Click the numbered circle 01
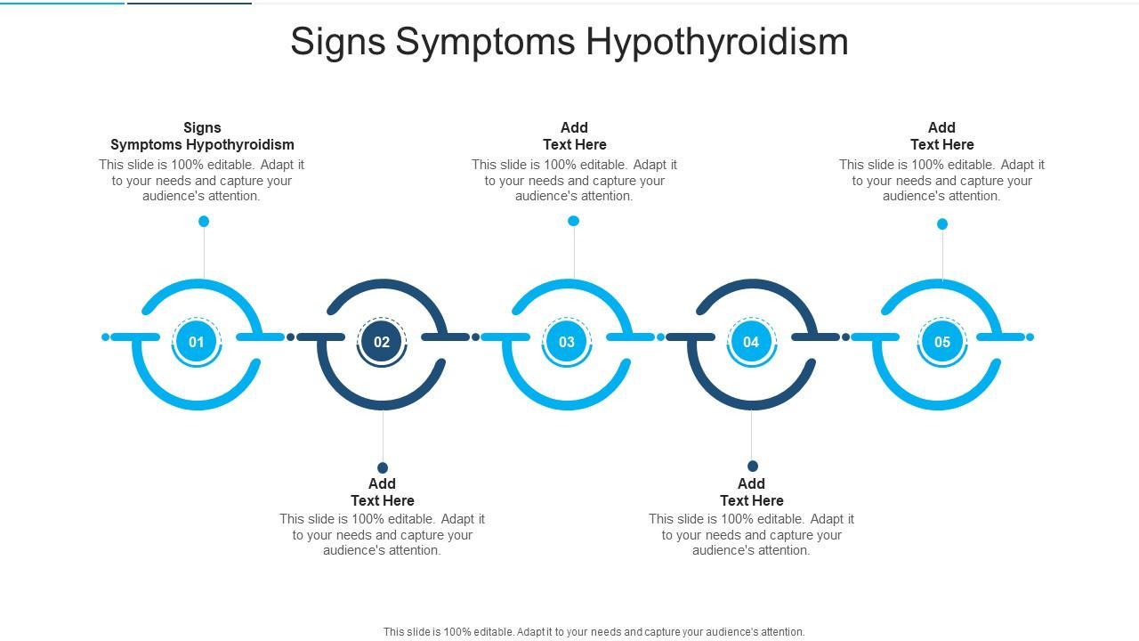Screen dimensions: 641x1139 tap(197, 342)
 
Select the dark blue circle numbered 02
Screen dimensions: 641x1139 tap(382, 342)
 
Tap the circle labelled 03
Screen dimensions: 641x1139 tap(567, 342)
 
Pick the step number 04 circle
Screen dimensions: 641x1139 tap(751, 342)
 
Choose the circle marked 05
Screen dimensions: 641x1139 tap(942, 342)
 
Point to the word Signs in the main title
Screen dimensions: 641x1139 tap(337, 42)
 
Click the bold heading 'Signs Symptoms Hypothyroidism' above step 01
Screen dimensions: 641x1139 tap(202, 136)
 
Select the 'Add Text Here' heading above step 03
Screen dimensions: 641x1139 tap(575, 136)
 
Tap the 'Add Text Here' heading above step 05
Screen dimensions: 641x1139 tap(942, 136)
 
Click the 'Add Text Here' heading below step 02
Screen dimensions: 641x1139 tap(383, 492)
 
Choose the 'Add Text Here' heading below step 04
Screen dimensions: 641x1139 tap(752, 492)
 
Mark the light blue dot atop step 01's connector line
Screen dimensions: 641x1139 tap(204, 221)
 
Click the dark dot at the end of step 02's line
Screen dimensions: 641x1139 tap(383, 467)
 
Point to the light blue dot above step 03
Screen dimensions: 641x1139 tap(574, 221)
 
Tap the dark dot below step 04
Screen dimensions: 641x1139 tap(753, 466)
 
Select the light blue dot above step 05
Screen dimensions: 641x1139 tap(942, 223)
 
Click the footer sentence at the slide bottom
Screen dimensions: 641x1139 tap(594, 632)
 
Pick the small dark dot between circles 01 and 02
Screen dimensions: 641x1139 tap(291, 337)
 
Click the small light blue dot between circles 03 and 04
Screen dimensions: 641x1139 tap(661, 337)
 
